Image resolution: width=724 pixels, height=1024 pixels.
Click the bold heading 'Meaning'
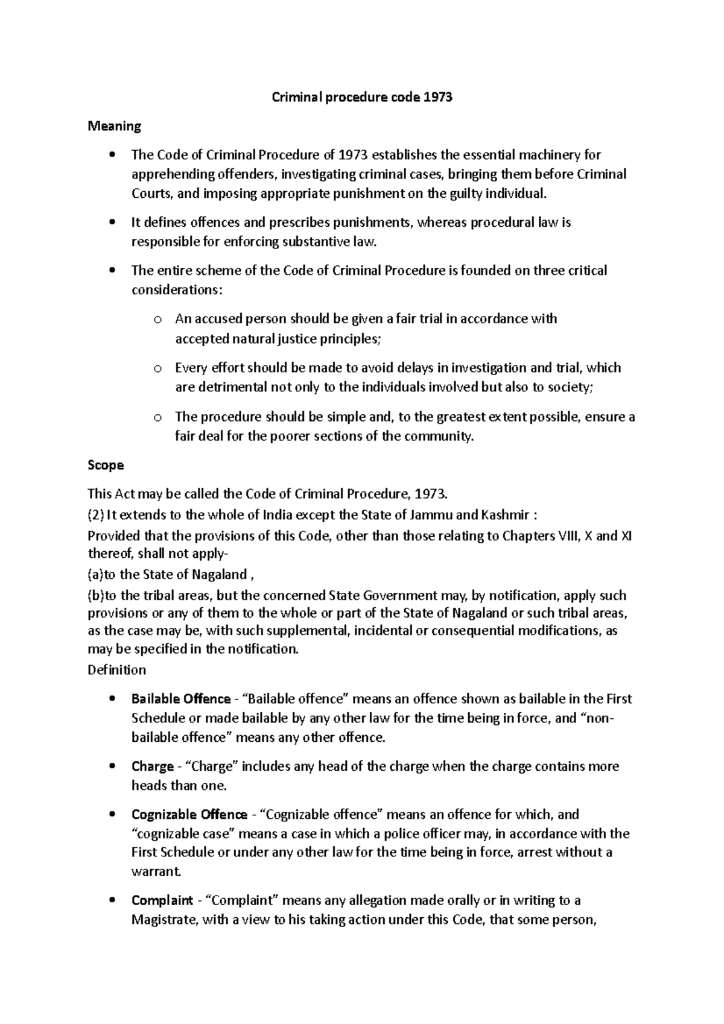coord(114,126)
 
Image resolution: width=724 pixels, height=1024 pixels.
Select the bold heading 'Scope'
coord(106,465)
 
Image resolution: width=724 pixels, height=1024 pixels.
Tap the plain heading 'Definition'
coord(116,669)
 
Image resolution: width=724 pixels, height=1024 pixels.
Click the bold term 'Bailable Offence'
coord(181,699)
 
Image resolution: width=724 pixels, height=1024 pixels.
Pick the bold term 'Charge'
coord(153,766)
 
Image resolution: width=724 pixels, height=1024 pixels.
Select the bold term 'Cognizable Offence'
coord(189,815)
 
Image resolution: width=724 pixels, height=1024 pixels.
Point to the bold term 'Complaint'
coord(162,900)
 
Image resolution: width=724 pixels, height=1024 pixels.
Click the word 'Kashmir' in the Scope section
coord(504,515)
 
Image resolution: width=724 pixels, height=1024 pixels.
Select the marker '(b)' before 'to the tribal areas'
coord(96,595)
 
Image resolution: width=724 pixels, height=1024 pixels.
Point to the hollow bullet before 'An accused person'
coord(157,320)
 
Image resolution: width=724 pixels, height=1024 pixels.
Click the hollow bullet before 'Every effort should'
coord(157,368)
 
